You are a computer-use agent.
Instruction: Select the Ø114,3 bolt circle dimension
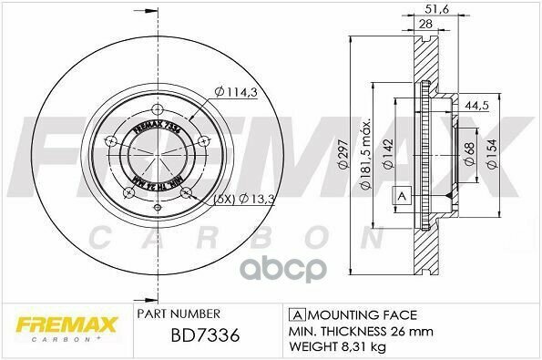pos(236,90)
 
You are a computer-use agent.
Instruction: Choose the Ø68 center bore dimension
pos(466,155)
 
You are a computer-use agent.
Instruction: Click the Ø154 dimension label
pos(493,155)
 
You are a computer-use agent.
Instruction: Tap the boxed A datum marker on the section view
pos(400,197)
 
